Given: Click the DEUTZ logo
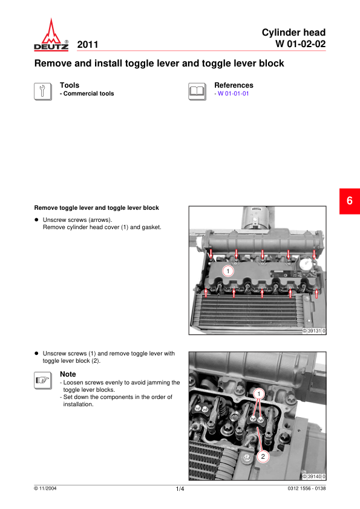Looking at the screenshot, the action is (x=51, y=34).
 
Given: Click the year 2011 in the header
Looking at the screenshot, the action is (x=88, y=45).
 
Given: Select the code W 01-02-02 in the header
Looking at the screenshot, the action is (x=301, y=44).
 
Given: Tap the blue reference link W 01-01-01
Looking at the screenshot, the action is (x=234, y=94).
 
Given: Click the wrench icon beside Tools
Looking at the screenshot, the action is (x=43, y=91).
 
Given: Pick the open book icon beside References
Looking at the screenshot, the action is (x=197, y=91).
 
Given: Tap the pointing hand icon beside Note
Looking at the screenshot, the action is (x=43, y=380).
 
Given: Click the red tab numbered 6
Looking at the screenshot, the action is (x=350, y=201).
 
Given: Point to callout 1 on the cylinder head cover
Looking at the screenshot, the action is (x=228, y=271).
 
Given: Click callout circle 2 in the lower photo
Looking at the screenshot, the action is (x=263, y=456).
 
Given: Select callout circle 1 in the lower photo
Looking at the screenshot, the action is (x=259, y=394).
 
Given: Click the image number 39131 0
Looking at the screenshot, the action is (x=314, y=331).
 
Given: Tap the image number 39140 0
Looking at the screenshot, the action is (x=314, y=476).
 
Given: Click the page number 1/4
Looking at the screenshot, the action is (x=180, y=489).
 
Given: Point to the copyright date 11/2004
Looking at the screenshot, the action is (x=45, y=488).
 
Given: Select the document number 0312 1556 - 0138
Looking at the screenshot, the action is (x=306, y=488).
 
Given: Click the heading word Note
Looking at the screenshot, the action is (x=68, y=374).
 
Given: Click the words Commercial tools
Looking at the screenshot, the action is (x=89, y=94).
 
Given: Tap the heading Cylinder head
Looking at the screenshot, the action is (x=293, y=33).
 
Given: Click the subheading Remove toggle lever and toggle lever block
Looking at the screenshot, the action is (x=96, y=208).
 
